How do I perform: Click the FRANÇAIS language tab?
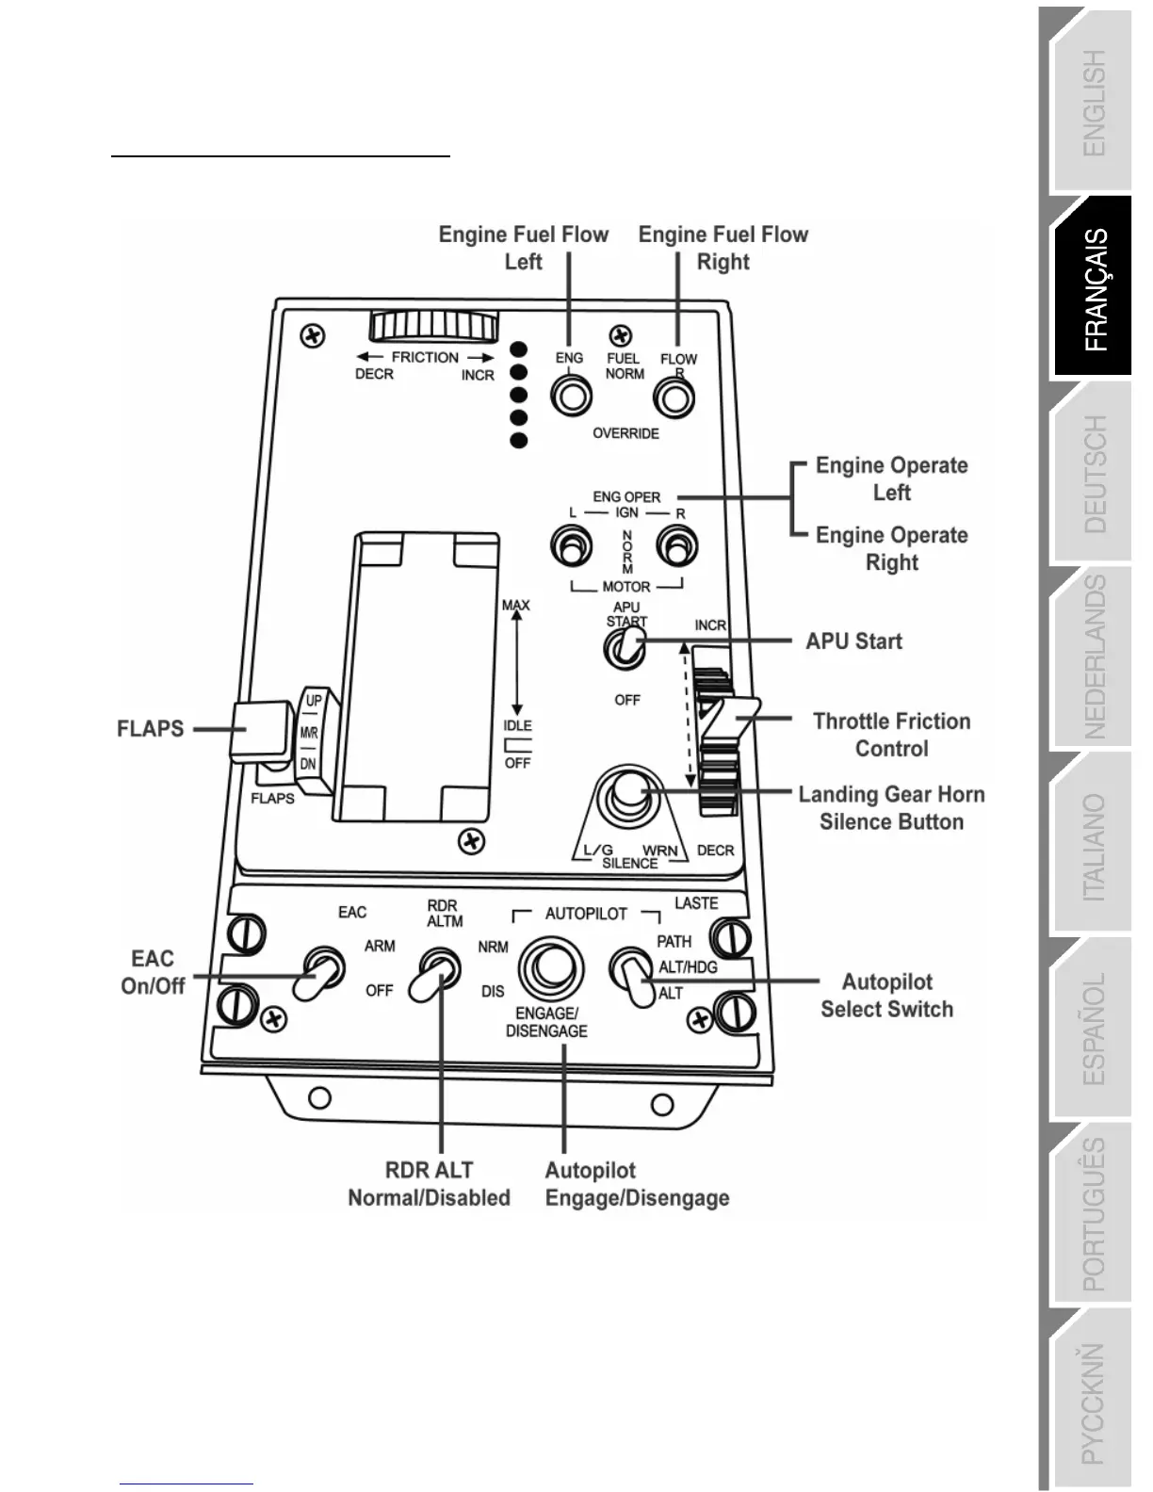point(1096,289)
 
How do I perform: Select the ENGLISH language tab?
point(1094,103)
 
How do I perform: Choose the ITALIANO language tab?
point(1094,847)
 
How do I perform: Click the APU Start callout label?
point(853,641)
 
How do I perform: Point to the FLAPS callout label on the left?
point(151,729)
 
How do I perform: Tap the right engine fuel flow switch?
point(674,397)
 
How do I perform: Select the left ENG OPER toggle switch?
point(571,545)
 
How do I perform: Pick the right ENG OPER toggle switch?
point(676,545)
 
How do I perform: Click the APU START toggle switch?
point(625,647)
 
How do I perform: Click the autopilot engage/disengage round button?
point(550,969)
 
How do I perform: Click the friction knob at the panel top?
point(434,327)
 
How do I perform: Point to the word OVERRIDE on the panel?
point(625,433)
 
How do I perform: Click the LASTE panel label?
point(696,903)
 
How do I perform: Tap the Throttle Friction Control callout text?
point(891,735)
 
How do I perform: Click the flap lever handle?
point(260,730)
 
